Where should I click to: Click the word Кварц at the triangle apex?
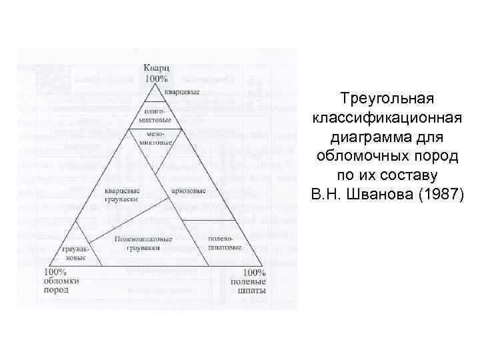tap(155, 68)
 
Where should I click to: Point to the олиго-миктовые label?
tap(155, 115)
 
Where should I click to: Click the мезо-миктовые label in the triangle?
tap(155, 138)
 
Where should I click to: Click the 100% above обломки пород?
tap(55, 272)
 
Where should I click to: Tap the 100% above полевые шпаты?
tap(254, 273)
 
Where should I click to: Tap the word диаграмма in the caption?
tap(387, 137)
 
